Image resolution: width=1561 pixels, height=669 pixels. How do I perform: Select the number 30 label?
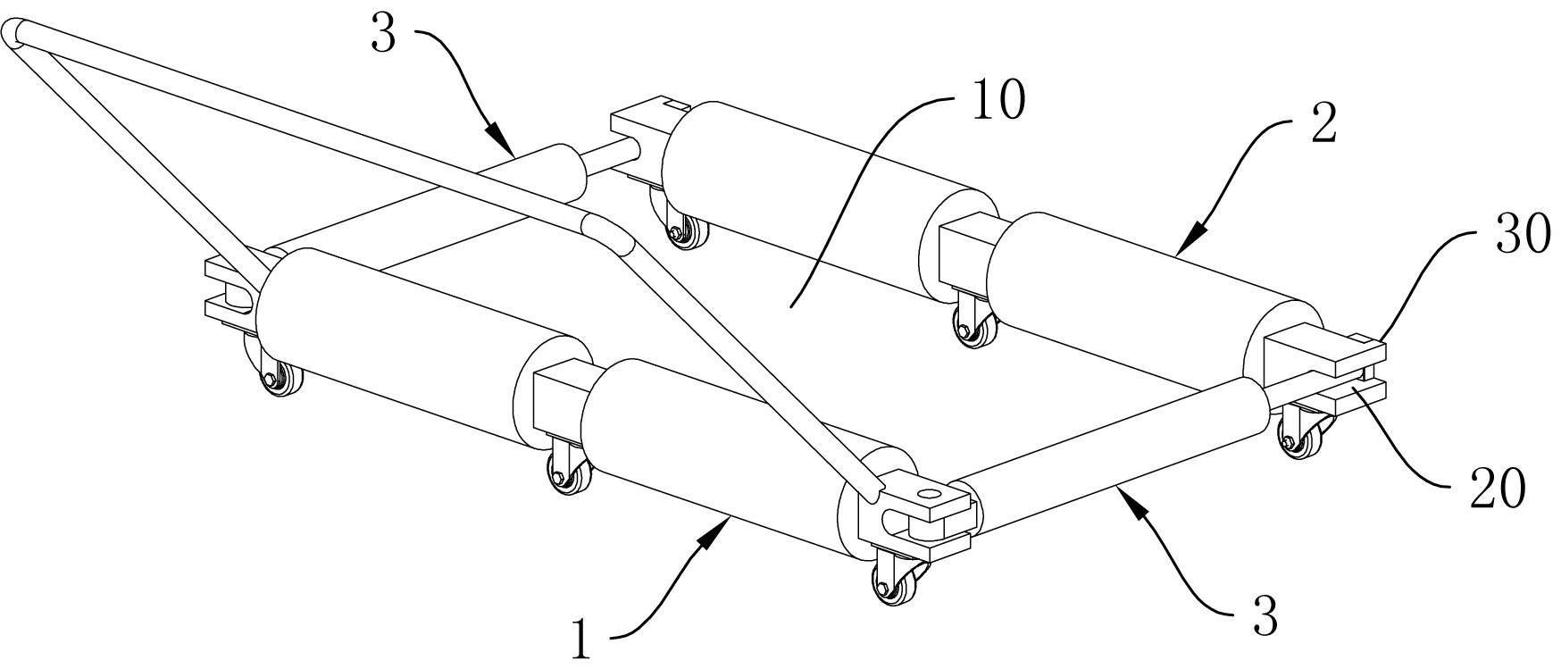point(1517,238)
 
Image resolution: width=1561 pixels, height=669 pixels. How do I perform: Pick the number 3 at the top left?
point(383,39)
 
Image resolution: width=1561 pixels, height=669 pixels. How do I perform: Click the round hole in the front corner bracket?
point(930,492)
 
